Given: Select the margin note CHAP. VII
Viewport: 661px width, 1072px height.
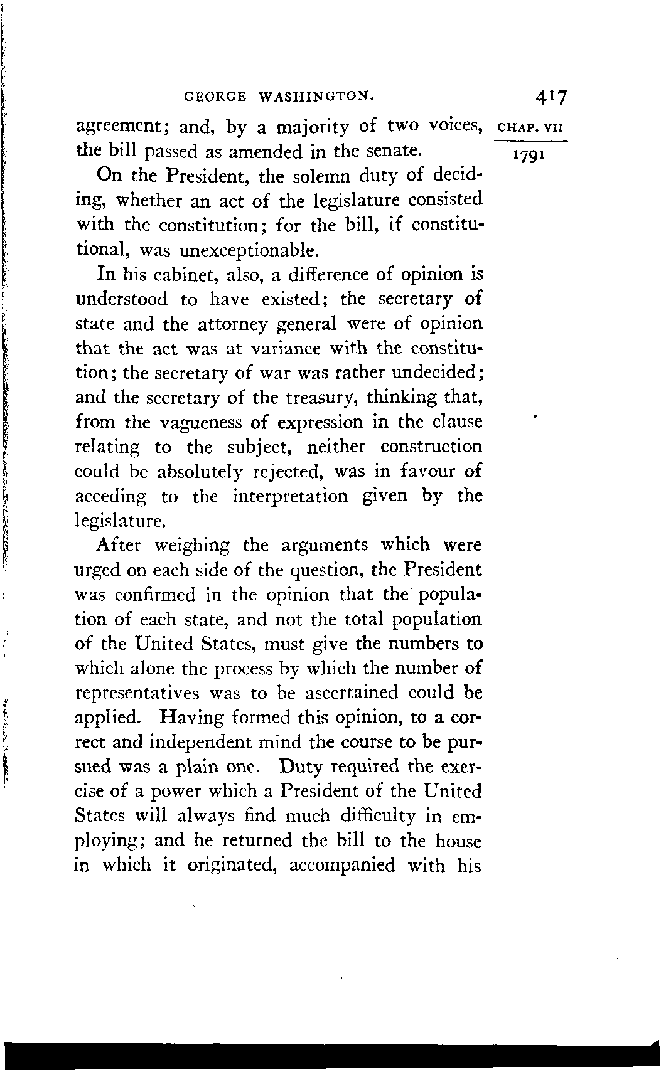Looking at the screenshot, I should pyautogui.click(x=531, y=128).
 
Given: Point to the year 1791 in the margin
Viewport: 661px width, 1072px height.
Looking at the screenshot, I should pyautogui.click(x=530, y=154).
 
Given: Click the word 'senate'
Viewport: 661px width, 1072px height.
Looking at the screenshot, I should pyautogui.click(x=389, y=151).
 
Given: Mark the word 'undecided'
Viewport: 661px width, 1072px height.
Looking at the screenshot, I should pyautogui.click(x=436, y=373).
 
